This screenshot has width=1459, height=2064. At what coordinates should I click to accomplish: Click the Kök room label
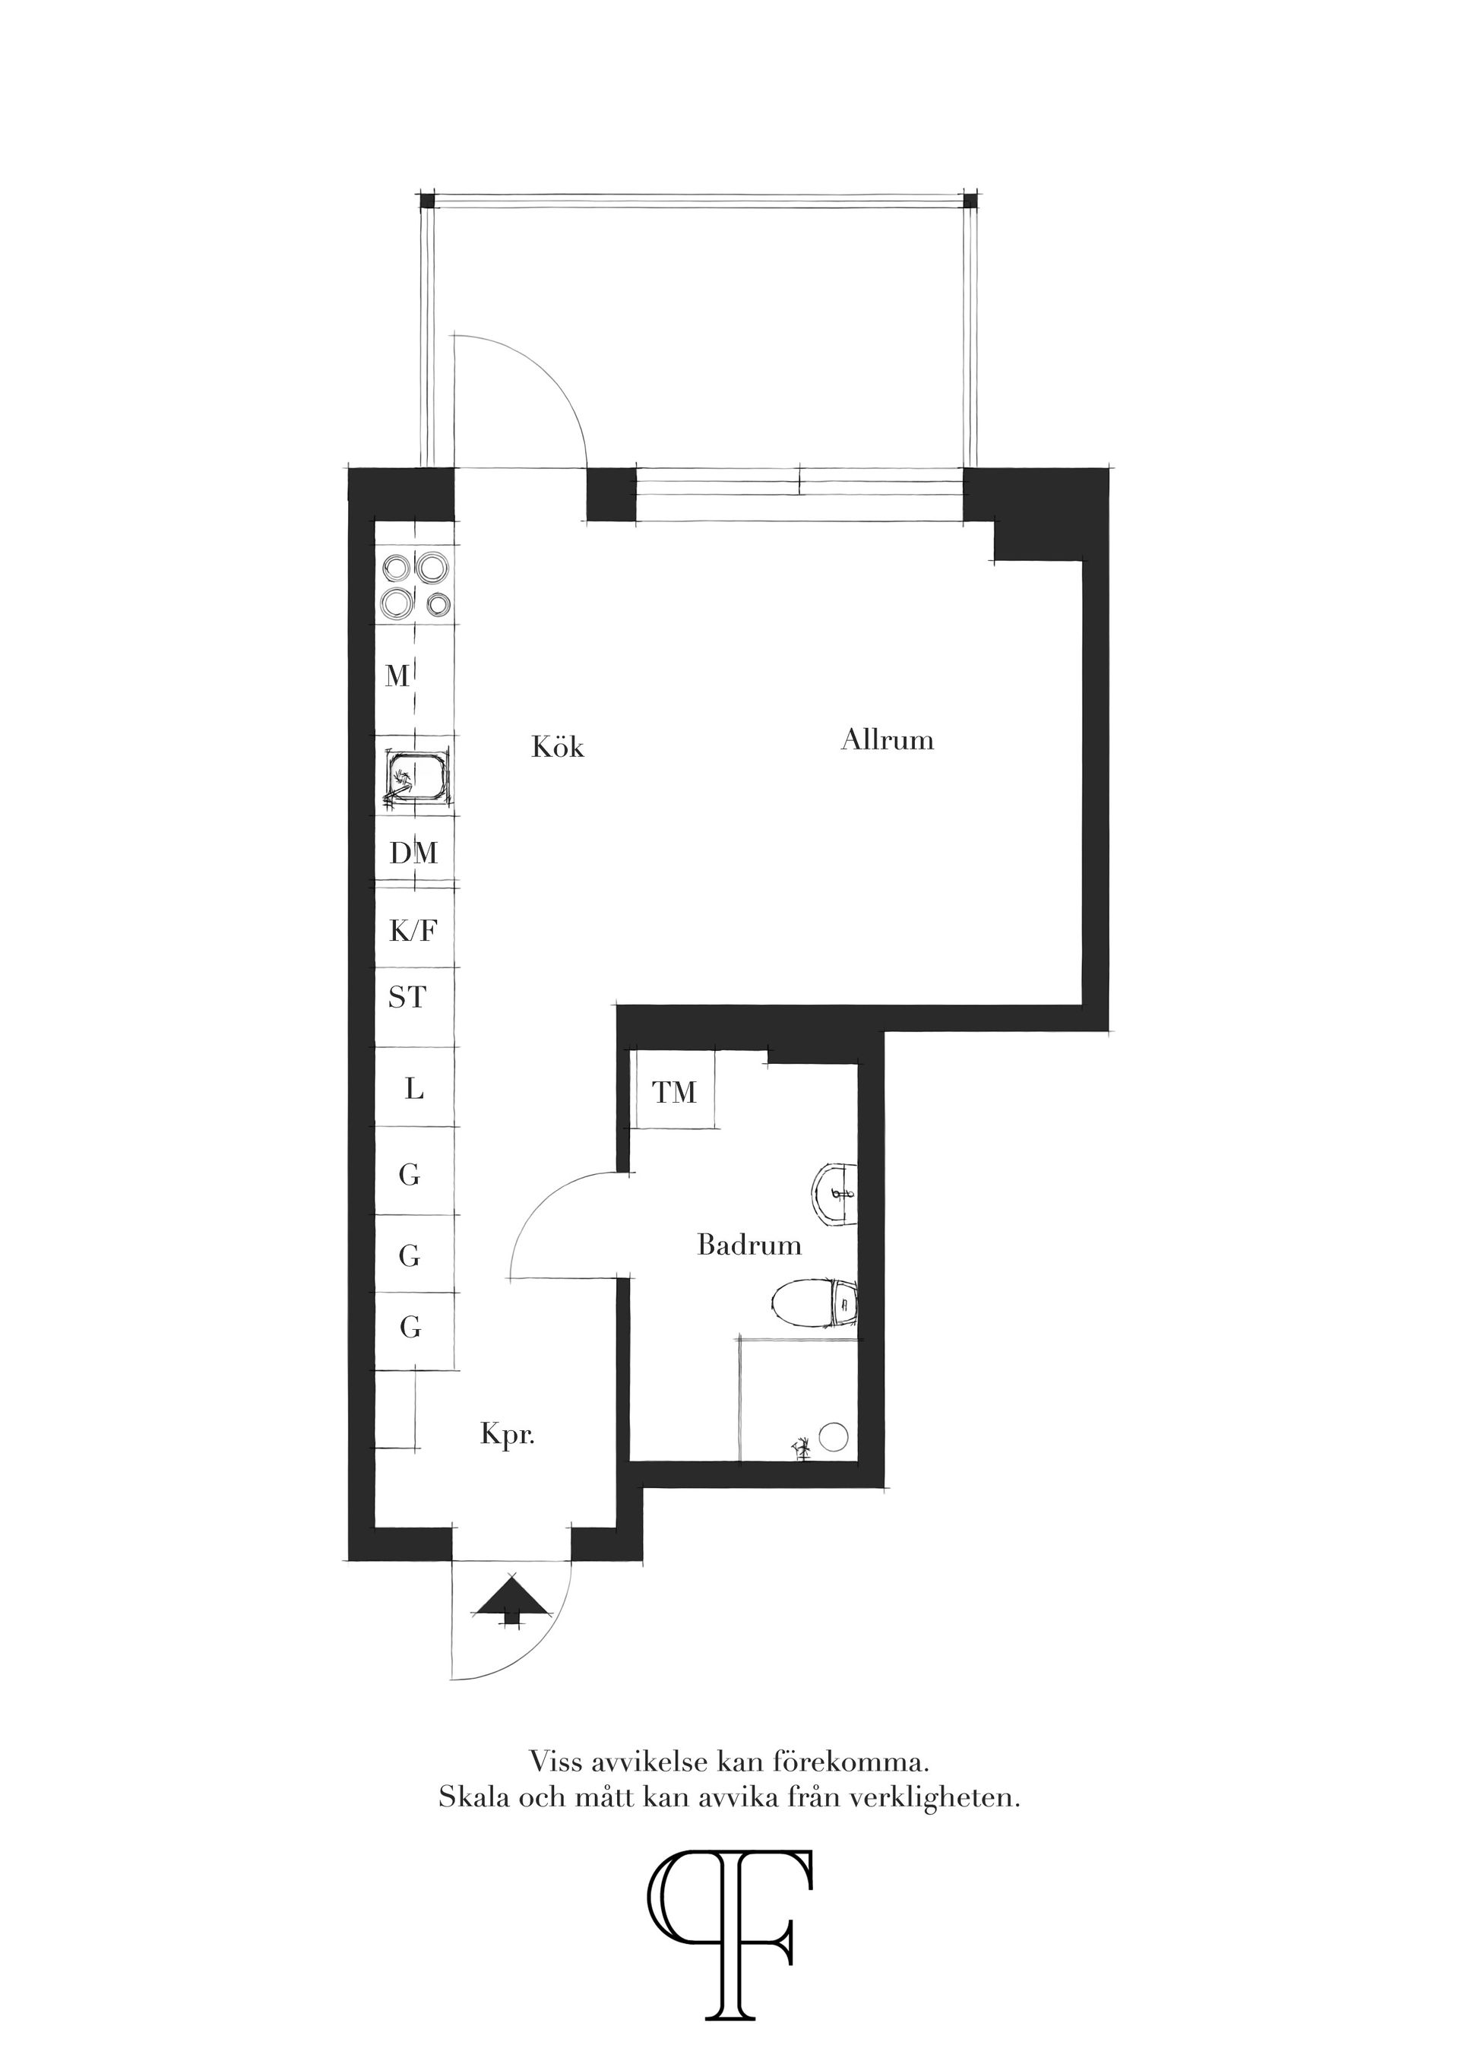(557, 747)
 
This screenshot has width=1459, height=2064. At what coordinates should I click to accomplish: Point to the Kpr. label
(507, 1435)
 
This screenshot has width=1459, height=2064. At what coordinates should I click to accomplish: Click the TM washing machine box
(674, 1092)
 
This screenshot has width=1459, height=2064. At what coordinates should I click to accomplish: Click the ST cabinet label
(407, 998)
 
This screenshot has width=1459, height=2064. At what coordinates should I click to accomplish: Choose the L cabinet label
(413, 1090)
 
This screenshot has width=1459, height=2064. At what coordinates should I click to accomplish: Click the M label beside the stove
(397, 676)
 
